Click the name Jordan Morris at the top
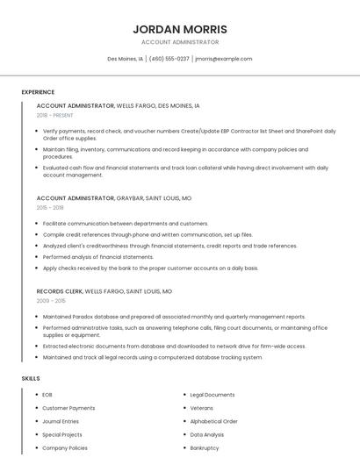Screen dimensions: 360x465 (x=180, y=29)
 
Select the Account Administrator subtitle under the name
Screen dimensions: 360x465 (x=180, y=42)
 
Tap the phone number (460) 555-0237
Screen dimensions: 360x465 (x=169, y=59)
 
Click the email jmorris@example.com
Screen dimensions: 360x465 (x=223, y=59)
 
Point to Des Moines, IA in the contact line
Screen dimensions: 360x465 (x=125, y=59)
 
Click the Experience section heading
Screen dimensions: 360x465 (x=38, y=92)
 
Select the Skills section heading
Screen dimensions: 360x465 (x=31, y=378)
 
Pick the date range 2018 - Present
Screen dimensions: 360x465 (x=55, y=115)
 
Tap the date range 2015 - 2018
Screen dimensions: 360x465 (x=50, y=208)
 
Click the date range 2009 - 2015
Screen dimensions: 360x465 (x=50, y=301)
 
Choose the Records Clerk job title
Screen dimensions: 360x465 (x=59, y=291)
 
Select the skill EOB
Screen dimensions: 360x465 (x=47, y=395)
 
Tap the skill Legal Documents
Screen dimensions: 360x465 (x=212, y=395)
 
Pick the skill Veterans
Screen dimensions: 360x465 (x=202, y=408)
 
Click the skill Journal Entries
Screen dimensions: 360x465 (x=61, y=421)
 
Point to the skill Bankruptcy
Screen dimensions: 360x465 (x=205, y=447)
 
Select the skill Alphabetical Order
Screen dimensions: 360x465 (x=214, y=421)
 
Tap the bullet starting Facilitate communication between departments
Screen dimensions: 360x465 (x=126, y=224)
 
